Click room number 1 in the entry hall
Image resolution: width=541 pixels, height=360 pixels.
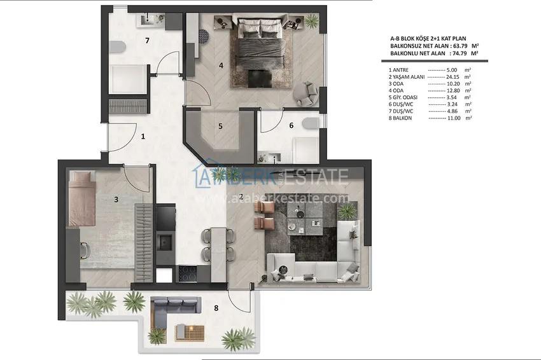click(143, 136)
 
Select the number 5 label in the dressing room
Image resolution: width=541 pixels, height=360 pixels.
click(220, 126)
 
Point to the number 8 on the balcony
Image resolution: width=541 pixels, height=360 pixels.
click(216, 308)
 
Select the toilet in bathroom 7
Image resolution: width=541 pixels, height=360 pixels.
click(117, 46)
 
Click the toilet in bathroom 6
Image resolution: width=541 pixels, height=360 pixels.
click(311, 124)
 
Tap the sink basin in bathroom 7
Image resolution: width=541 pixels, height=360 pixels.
click(150, 20)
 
